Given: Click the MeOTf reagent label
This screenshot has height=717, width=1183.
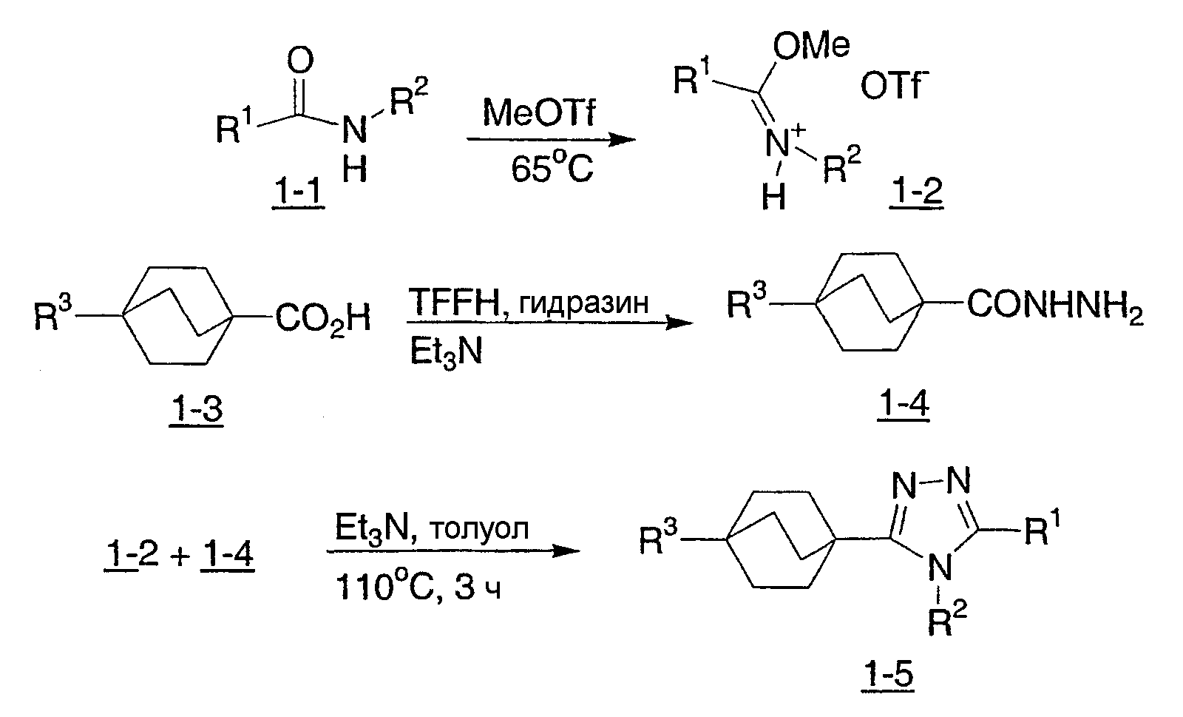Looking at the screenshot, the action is pyautogui.click(x=539, y=113).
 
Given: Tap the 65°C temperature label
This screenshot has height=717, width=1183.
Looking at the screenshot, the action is pyautogui.click(x=552, y=168).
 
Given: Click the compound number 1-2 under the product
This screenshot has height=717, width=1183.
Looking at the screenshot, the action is pyautogui.click(x=916, y=191).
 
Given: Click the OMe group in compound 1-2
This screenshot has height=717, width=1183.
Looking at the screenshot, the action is pyautogui.click(x=811, y=46).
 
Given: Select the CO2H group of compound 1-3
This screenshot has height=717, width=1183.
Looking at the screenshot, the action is pyautogui.click(x=322, y=319).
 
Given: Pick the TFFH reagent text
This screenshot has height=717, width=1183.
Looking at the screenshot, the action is pyautogui.click(x=454, y=302).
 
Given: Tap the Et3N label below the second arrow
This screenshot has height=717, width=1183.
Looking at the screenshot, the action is pyautogui.click(x=447, y=352).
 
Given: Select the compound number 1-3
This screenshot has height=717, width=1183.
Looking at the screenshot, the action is pyautogui.click(x=196, y=408).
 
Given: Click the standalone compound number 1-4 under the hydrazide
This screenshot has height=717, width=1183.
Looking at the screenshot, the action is pyautogui.click(x=904, y=404).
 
